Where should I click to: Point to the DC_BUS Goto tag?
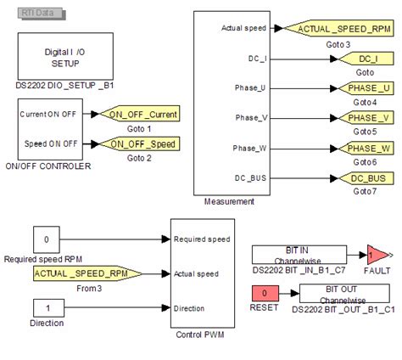[x=367, y=178]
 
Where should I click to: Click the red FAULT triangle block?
[x=375, y=254]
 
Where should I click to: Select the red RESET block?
[x=265, y=293]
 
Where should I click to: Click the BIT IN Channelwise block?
[x=293, y=254]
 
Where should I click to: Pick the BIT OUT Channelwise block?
[x=344, y=293]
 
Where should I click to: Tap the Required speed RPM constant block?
[x=47, y=239]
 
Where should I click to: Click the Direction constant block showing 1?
[x=47, y=308]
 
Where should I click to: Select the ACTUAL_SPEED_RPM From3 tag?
[x=87, y=273]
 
